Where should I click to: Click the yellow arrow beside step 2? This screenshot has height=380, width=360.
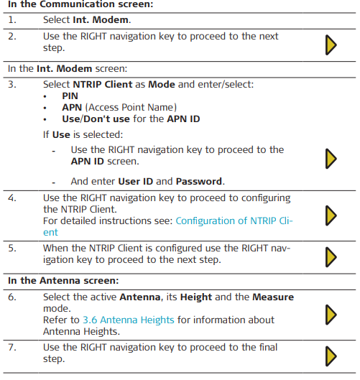pyautogui.click(x=331, y=45)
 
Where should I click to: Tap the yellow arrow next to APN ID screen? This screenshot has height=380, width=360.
pyautogui.click(x=331, y=159)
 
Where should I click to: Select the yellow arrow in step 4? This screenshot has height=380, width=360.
pyautogui.click(x=331, y=216)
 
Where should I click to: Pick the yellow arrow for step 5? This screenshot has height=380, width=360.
pyautogui.click(x=331, y=257)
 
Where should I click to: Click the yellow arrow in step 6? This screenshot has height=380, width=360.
pyautogui.click(x=331, y=315)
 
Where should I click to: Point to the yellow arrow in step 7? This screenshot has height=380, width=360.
pyautogui.click(x=331, y=356)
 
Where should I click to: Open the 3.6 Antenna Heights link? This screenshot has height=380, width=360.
pyautogui.click(x=129, y=320)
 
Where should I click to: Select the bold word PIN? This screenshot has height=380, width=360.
pyautogui.click(x=70, y=96)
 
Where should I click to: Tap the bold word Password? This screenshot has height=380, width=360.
pyautogui.click(x=199, y=181)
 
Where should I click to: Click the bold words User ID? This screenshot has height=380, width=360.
pyautogui.click(x=136, y=181)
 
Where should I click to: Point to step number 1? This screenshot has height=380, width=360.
pyautogui.click(x=12, y=20)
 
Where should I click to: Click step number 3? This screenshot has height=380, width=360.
pyautogui.click(x=12, y=85)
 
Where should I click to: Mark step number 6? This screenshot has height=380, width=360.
pyautogui.click(x=12, y=297)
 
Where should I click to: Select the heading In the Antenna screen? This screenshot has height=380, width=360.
pyautogui.click(x=63, y=281)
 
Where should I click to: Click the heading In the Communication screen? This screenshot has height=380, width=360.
pyautogui.click(x=80, y=4)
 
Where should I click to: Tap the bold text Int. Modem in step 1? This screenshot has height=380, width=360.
pyautogui.click(x=101, y=20)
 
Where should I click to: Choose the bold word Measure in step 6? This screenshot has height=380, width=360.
pyautogui.click(x=273, y=297)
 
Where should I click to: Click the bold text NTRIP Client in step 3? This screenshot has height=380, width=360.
pyautogui.click(x=103, y=85)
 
